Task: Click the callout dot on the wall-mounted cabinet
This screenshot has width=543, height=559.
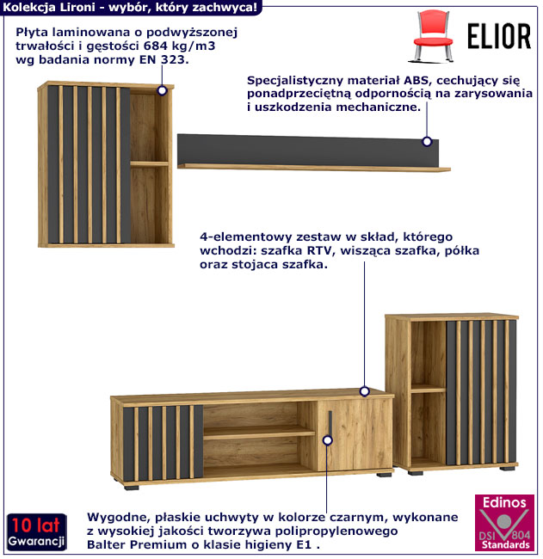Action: tap(161, 89)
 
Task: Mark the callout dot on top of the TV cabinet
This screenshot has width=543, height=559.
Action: tap(365, 391)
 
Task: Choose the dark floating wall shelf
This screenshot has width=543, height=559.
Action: tap(311, 150)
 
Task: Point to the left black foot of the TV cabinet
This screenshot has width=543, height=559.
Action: tap(131, 486)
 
